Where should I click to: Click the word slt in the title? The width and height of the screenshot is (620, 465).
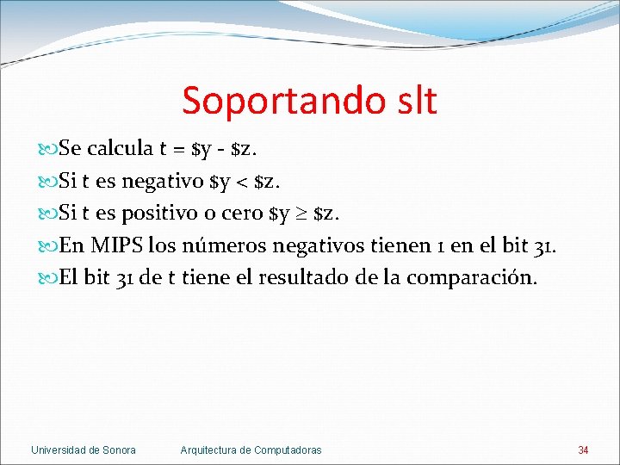pyautogui.click(x=411, y=101)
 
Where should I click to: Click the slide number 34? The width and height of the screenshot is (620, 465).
pyautogui.click(x=583, y=450)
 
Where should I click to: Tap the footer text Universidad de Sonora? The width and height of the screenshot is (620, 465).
pyautogui.click(x=84, y=450)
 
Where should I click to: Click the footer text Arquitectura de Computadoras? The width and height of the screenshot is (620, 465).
pyautogui.click(x=251, y=450)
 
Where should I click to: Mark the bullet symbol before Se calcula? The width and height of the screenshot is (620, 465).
pyautogui.click(x=47, y=150)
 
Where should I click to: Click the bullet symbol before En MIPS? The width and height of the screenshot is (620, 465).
pyautogui.click(x=47, y=247)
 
